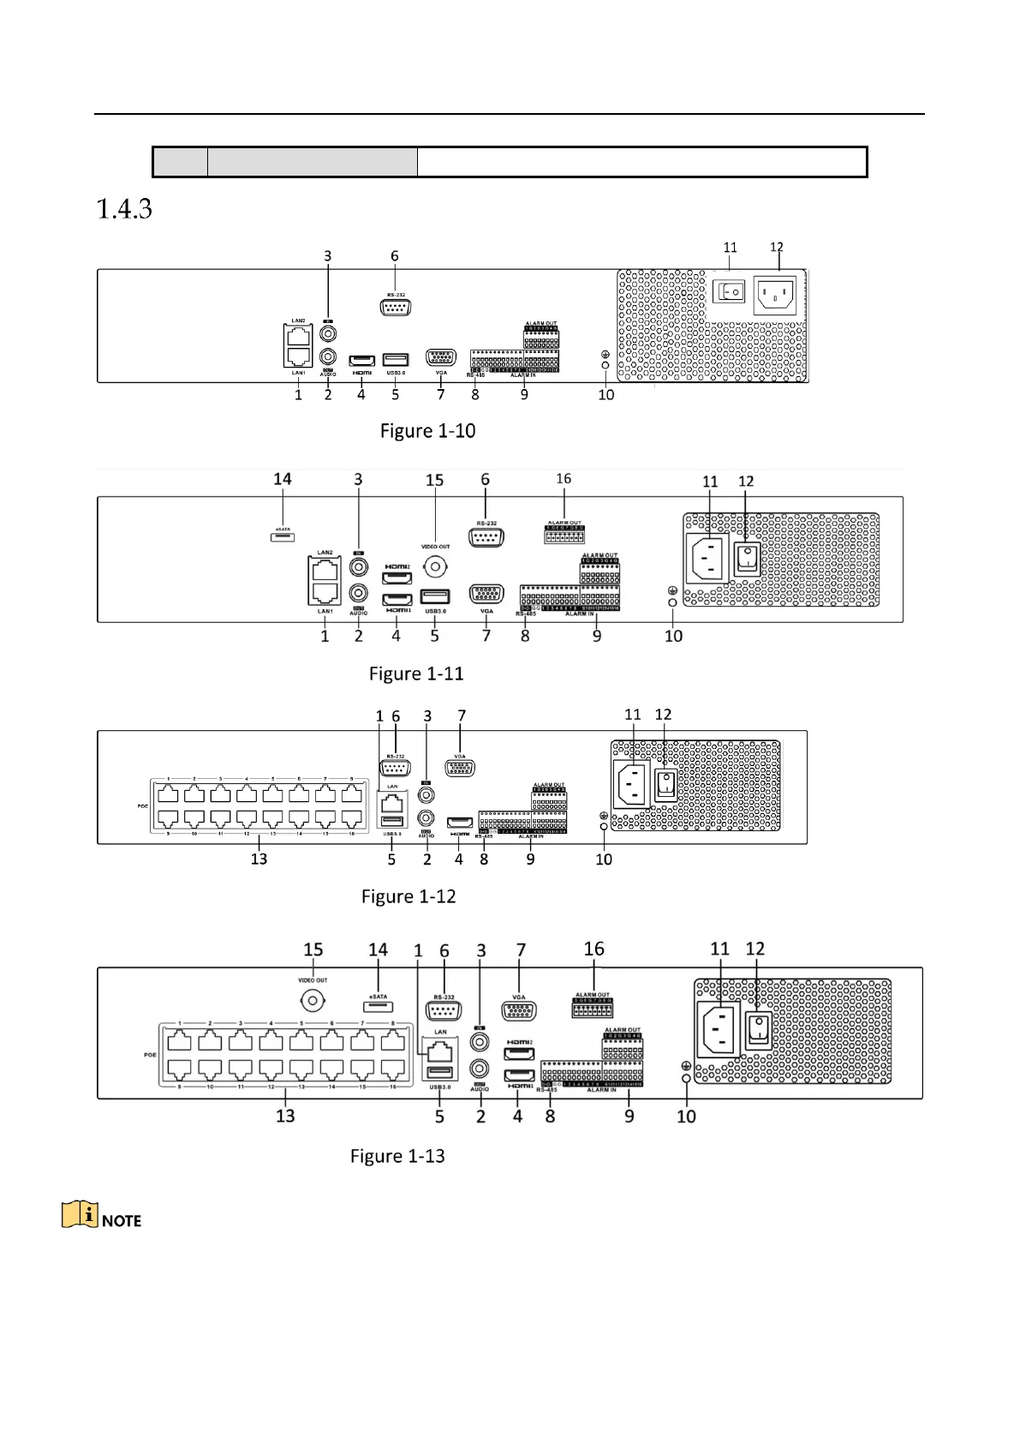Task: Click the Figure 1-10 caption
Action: [427, 431]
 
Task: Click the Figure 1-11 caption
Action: [416, 674]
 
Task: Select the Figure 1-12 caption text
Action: [409, 896]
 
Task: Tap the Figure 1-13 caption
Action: [397, 1157]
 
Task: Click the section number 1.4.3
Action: [124, 209]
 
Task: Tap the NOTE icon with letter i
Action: [80, 1215]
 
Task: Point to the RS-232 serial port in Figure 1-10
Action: [395, 307]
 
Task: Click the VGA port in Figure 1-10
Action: [441, 358]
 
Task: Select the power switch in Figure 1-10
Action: [729, 292]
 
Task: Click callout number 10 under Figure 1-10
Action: [606, 395]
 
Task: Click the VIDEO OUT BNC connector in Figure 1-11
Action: [436, 566]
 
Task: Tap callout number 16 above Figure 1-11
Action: [564, 479]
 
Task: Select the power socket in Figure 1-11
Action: [709, 560]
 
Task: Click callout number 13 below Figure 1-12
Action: [259, 859]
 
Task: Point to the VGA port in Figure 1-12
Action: [461, 768]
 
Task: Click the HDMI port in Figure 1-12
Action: [460, 823]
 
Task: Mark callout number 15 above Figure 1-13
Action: [313, 949]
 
